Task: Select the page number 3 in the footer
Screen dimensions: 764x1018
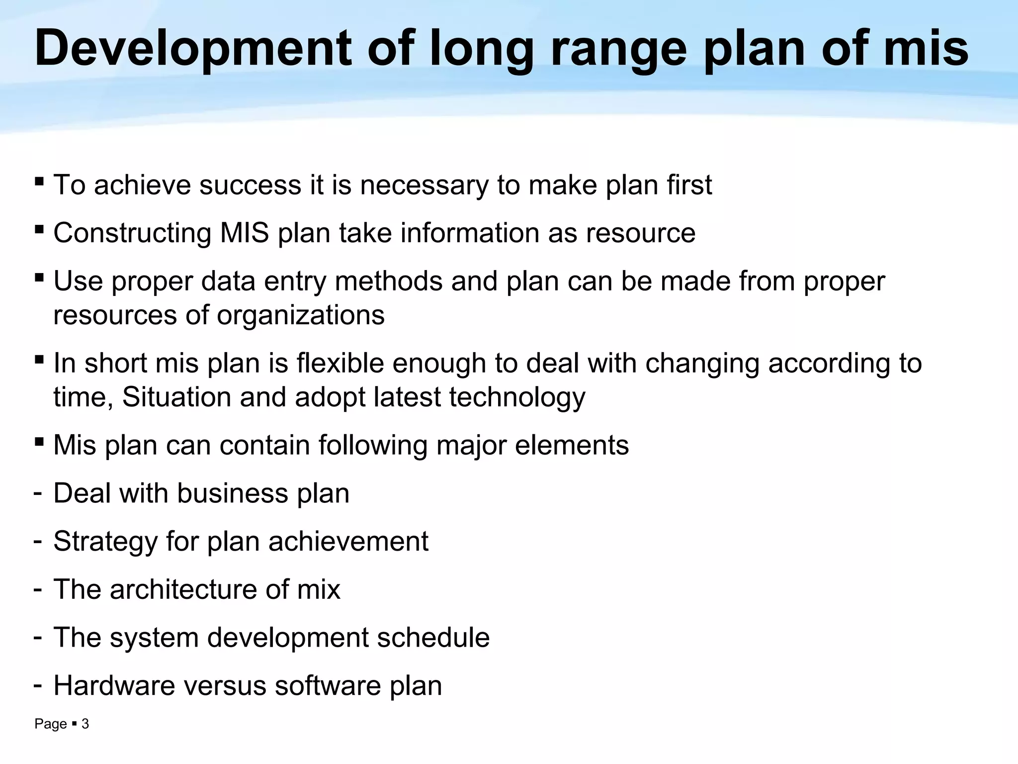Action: pos(85,724)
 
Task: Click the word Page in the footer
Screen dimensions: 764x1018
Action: pos(50,724)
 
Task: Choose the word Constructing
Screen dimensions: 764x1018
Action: pos(132,233)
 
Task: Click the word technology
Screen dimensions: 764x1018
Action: pos(517,397)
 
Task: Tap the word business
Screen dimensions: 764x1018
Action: pos(232,493)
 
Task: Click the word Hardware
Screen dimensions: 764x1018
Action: pos(114,685)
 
